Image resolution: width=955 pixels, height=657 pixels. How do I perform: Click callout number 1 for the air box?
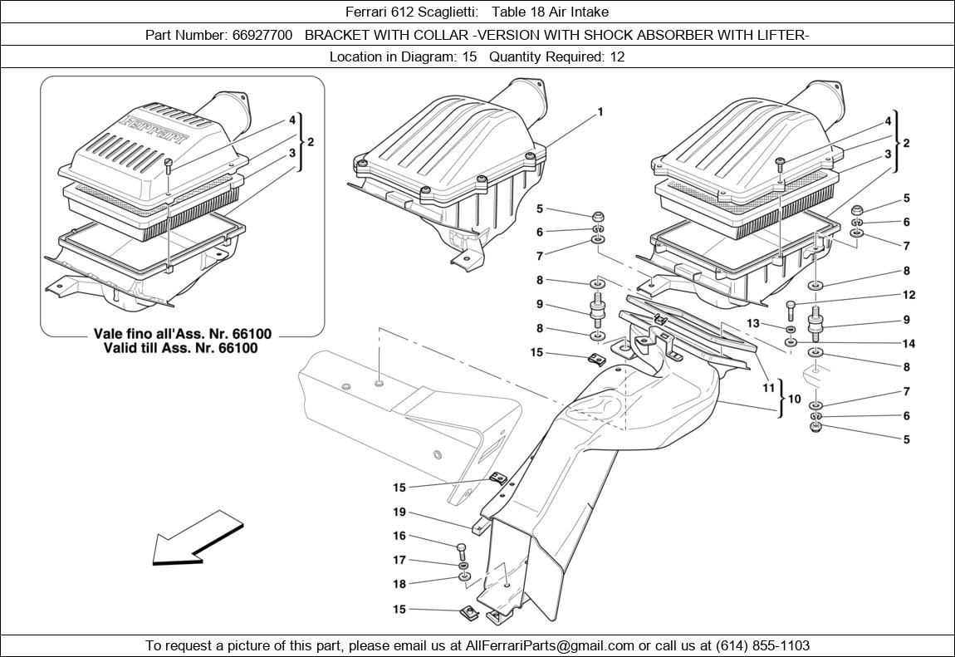pyautogui.click(x=600, y=112)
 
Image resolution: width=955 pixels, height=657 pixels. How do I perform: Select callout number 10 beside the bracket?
pyautogui.click(x=794, y=400)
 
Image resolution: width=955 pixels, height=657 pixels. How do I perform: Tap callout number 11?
pyautogui.click(x=769, y=388)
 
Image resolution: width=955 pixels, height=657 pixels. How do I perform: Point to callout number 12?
pyautogui.click(x=908, y=295)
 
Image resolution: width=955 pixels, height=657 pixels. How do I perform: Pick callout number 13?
pyautogui.click(x=753, y=323)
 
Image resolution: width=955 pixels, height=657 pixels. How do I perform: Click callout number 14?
pyautogui.click(x=908, y=344)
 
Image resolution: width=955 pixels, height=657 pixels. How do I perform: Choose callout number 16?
pyautogui.click(x=399, y=537)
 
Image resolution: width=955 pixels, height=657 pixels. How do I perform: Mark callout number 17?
pyautogui.click(x=399, y=561)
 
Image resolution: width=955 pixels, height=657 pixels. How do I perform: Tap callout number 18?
pyautogui.click(x=399, y=585)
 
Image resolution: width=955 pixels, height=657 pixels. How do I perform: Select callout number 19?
pyautogui.click(x=399, y=512)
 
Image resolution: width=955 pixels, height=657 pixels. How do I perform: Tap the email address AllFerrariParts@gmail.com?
pyautogui.click(x=550, y=645)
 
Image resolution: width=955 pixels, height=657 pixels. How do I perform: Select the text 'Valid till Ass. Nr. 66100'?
pyautogui.click(x=181, y=348)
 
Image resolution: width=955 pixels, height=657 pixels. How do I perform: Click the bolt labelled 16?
pyautogui.click(x=463, y=551)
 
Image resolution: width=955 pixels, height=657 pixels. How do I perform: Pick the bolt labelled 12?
pyautogui.click(x=791, y=309)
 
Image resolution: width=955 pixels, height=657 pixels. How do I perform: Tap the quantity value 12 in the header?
pyautogui.click(x=616, y=56)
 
